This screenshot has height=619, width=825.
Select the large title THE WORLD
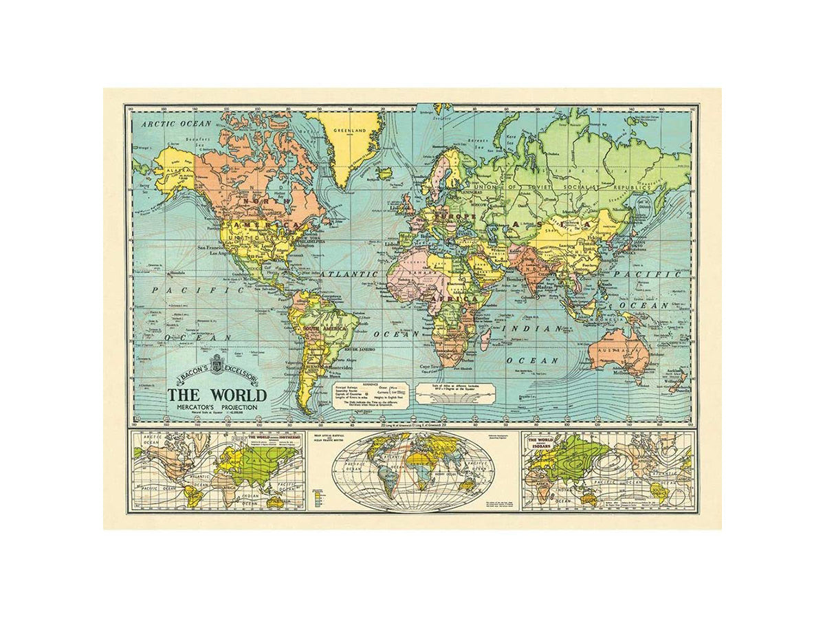217,395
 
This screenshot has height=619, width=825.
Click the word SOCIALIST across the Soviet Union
584,187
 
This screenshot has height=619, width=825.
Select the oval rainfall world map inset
412,470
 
